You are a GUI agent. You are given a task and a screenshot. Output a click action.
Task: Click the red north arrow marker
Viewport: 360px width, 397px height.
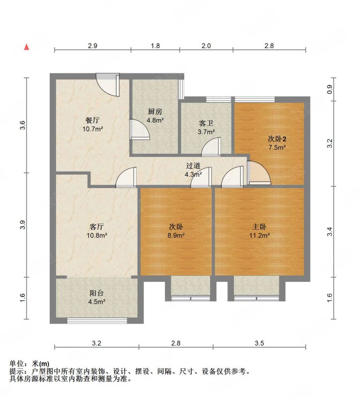(x=27, y=47)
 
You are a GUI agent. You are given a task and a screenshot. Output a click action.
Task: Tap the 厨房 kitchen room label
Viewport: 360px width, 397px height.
(x=155, y=112)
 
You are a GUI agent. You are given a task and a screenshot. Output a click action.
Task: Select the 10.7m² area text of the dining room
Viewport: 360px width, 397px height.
(x=92, y=129)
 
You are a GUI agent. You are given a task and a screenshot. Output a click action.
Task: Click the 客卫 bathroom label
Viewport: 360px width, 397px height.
(x=206, y=124)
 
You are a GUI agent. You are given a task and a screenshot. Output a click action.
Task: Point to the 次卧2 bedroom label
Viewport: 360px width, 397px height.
(x=277, y=139)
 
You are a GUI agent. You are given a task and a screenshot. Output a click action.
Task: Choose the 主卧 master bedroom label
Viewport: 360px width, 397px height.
(x=259, y=227)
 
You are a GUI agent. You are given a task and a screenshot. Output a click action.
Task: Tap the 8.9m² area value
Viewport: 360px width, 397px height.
(x=176, y=235)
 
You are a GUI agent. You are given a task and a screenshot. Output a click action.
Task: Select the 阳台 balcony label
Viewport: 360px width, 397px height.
(x=97, y=293)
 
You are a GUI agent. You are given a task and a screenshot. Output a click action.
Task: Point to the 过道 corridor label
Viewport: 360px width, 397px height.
(x=193, y=166)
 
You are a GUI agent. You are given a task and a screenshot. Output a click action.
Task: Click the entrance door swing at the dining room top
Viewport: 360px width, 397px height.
(x=108, y=85)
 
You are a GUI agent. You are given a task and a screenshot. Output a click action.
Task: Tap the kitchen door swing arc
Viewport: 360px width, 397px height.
(x=140, y=129)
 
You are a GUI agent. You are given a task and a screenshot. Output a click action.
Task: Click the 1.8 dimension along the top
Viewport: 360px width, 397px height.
(x=155, y=46)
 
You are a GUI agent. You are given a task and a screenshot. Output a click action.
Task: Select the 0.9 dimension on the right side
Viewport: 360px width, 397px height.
(x=330, y=89)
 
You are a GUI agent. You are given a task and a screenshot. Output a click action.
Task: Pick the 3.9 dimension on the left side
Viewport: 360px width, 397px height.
(x=23, y=225)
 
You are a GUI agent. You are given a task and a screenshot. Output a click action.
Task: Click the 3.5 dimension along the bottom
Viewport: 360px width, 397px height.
(x=259, y=343)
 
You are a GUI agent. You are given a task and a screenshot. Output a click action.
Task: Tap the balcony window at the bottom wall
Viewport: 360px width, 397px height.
(x=97, y=321)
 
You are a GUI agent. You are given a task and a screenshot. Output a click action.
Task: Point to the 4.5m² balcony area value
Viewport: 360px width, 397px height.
(x=96, y=302)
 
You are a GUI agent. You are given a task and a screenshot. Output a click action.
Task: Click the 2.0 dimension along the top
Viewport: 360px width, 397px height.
(x=206, y=46)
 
